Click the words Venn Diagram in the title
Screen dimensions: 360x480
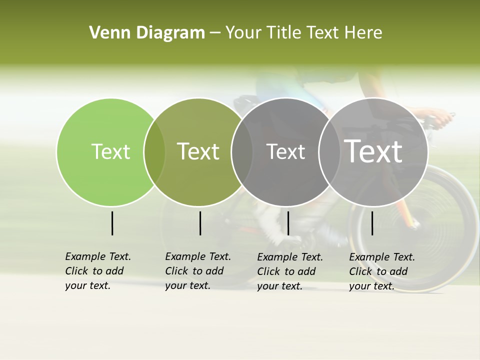point(147,33)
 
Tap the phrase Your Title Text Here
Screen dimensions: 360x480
point(303,33)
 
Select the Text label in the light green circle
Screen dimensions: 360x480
point(110,151)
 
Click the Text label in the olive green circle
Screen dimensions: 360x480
point(198,151)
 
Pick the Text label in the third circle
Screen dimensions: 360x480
point(285,151)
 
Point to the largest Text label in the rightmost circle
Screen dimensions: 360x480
point(373,151)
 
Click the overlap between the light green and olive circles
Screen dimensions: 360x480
point(154,152)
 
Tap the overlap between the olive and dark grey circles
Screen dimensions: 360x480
point(242,152)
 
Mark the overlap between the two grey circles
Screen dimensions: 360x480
point(329,152)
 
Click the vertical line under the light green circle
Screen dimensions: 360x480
point(112,223)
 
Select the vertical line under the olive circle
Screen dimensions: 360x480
point(200,223)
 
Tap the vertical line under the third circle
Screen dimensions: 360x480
point(288,223)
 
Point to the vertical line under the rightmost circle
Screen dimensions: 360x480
point(372,223)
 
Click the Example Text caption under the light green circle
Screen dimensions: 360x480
point(98,271)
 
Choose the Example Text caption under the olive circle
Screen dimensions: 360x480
point(198,271)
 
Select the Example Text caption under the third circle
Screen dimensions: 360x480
point(290,271)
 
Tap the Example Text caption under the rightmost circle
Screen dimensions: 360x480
point(382,271)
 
